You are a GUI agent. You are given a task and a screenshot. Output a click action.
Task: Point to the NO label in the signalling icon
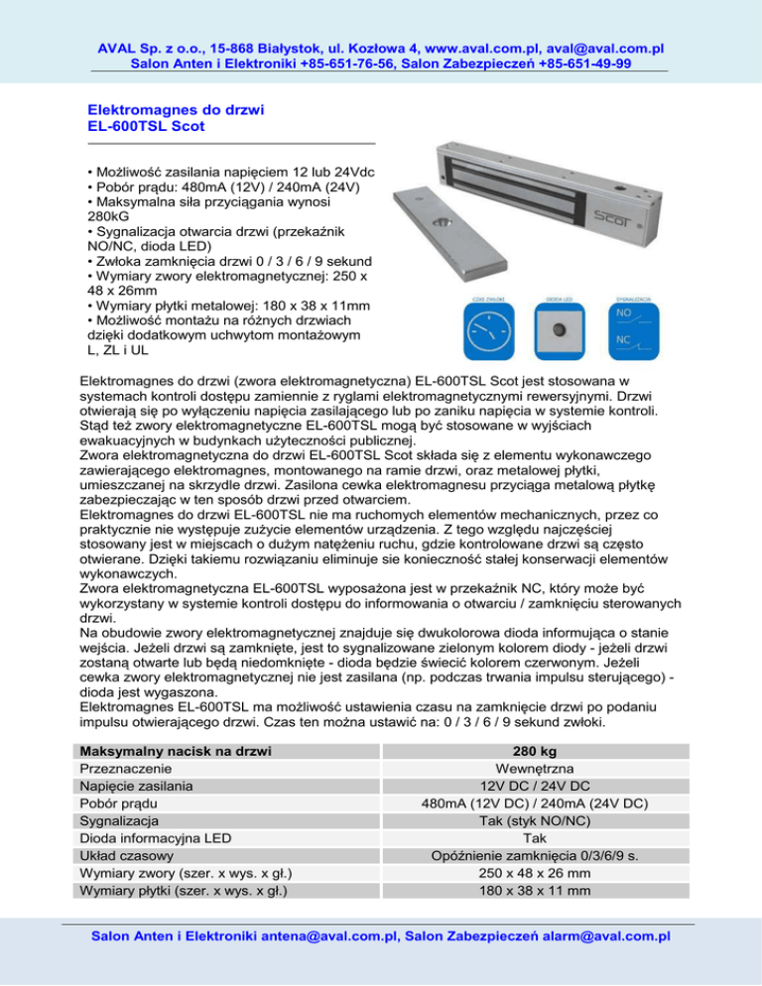coord(623,311)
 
